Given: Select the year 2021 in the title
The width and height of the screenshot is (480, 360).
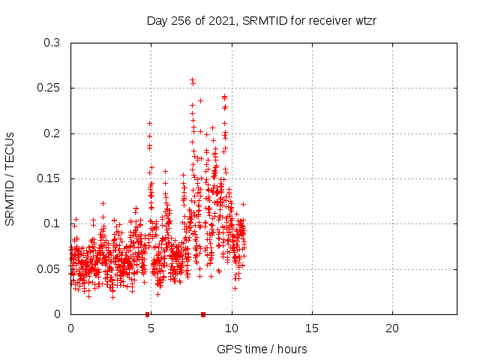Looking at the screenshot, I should point(226,20).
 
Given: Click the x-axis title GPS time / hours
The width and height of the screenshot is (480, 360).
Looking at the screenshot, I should point(262,349).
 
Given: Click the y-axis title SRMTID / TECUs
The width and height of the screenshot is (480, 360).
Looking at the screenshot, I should point(10,178).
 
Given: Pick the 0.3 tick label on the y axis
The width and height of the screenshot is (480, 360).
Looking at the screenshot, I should point(52,43).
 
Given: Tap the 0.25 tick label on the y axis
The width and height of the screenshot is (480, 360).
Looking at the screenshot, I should point(49,88).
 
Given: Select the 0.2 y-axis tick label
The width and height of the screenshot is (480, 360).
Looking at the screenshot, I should point(52,133).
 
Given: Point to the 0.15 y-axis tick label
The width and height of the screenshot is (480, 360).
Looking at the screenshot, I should point(49,178).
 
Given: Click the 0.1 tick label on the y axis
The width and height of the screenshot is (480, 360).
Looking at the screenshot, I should point(52,223).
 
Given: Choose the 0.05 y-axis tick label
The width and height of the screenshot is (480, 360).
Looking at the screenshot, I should point(49,268).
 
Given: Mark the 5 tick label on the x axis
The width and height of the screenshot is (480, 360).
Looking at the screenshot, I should point(151,328).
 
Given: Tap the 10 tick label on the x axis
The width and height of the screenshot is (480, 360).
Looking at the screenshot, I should point(232,328).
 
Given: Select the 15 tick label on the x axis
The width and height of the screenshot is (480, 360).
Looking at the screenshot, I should point(312,328).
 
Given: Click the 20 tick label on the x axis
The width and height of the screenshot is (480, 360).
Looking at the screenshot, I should point(392,328).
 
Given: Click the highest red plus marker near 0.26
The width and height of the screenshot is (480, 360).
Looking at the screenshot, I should point(192,79).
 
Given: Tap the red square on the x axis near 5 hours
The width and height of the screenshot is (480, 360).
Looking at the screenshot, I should point(148,313).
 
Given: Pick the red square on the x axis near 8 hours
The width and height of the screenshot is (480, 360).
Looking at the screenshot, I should point(203,313).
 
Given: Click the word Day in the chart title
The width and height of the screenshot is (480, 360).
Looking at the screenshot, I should point(157,20).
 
